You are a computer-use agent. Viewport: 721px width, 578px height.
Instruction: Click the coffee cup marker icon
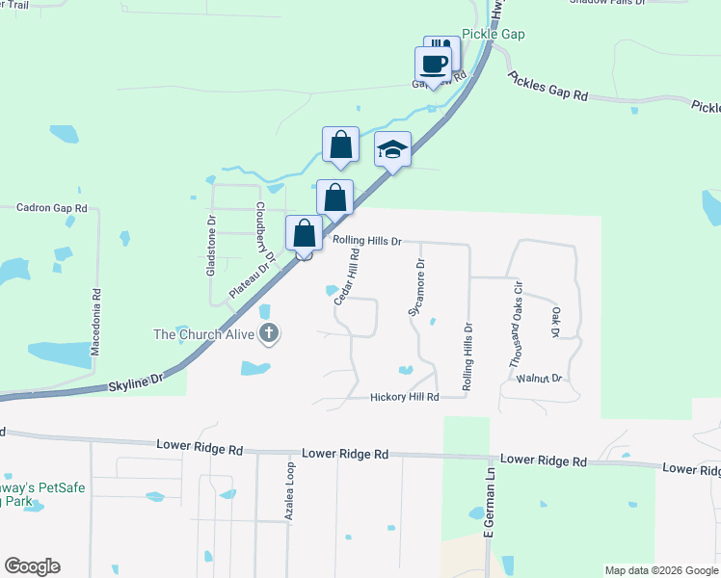(433, 65)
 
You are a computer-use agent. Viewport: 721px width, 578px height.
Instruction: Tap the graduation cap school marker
(392, 149)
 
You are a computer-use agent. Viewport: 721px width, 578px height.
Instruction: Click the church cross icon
(269, 334)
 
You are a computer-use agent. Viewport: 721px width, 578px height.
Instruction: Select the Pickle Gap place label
(493, 34)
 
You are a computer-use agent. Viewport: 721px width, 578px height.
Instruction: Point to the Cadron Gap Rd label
(53, 207)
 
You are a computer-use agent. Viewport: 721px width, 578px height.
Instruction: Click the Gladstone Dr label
(212, 247)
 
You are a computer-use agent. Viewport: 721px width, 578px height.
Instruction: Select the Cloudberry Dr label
(265, 233)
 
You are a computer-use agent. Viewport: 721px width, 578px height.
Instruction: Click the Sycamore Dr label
(417, 287)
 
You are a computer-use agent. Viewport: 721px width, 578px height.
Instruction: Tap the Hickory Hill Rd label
(405, 397)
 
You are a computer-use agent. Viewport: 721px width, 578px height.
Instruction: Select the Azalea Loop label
(288, 492)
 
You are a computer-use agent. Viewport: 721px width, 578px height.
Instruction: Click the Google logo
(32, 566)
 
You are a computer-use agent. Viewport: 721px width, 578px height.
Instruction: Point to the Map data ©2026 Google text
(660, 570)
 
